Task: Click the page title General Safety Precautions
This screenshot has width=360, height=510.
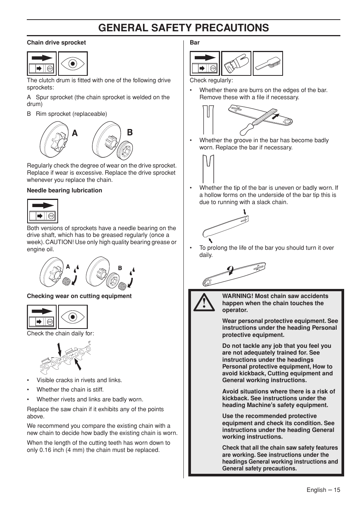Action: (183, 28)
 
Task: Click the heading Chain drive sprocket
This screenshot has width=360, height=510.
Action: (56, 43)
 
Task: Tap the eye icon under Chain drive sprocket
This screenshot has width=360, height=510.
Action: (73, 63)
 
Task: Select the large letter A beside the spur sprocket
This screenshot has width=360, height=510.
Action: (75, 133)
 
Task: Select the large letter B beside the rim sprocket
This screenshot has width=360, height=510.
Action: (129, 132)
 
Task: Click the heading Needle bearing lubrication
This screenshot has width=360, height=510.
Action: (64, 190)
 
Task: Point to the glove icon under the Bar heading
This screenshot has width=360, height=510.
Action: (236, 63)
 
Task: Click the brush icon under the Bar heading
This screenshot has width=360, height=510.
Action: (268, 63)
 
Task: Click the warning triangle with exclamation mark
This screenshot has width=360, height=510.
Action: (204, 303)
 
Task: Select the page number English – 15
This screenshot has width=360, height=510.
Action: (323, 490)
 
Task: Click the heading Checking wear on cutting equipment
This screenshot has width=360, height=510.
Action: (79, 296)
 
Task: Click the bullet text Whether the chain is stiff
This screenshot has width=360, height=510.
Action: (70, 390)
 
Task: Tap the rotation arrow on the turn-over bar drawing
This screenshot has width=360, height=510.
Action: (230, 270)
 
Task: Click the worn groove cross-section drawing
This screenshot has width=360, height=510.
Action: (208, 169)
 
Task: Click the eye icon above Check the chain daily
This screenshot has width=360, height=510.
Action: (73, 317)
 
